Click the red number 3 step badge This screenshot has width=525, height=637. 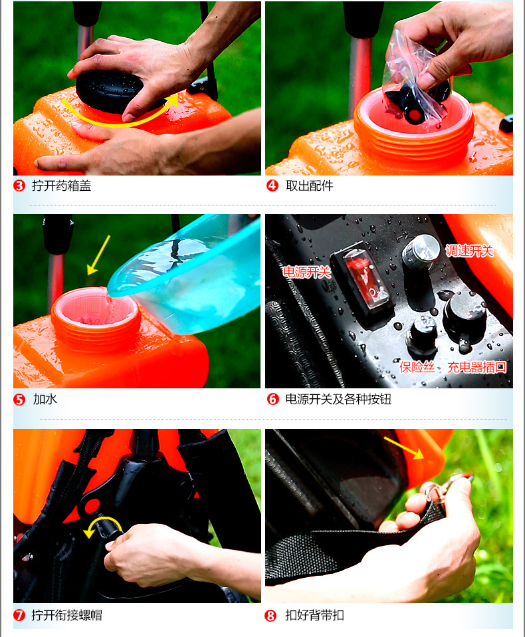click(19, 186)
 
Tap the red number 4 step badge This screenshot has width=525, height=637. click(272, 186)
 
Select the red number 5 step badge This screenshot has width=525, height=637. click(19, 400)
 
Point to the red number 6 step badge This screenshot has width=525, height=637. click(273, 400)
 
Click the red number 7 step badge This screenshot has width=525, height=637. click(19, 615)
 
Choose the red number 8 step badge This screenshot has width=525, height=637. click(270, 616)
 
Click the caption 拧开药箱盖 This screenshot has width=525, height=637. click(62, 186)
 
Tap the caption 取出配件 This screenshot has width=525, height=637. click(310, 186)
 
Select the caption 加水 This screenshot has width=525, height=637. click(45, 400)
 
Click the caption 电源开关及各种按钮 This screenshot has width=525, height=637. click(338, 400)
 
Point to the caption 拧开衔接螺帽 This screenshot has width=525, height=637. click(67, 615)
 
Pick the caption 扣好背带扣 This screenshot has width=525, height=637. click(315, 616)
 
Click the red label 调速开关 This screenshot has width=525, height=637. click(469, 251)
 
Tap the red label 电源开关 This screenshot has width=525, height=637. click(307, 272)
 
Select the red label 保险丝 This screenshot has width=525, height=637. click(417, 367)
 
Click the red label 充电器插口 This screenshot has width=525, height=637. click(476, 367)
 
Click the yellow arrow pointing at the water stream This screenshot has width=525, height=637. click(98, 255)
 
